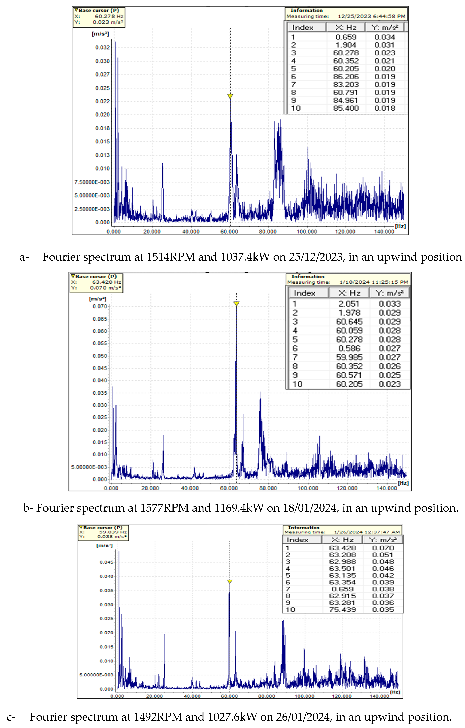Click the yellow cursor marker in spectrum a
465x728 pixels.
coord(230,96)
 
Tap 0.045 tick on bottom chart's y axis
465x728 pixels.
coord(106,562)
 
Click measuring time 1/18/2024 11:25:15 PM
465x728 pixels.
coord(374,282)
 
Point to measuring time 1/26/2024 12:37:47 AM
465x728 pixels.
coord(367,532)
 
